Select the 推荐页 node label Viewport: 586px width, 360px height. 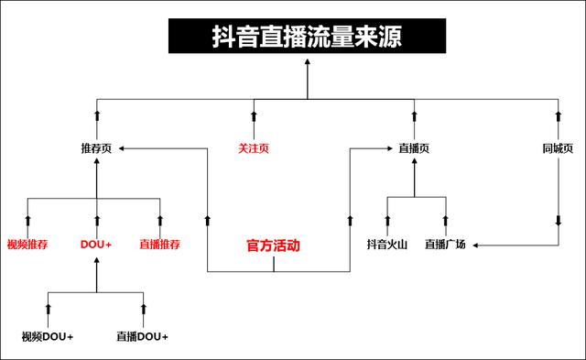(96, 147)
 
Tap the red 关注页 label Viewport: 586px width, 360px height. (254, 147)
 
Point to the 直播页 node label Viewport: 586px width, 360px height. (414, 147)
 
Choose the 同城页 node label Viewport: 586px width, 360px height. (558, 147)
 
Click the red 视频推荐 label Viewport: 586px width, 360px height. (27, 245)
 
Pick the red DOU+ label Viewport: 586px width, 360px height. (96, 245)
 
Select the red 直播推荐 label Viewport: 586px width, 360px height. (160, 245)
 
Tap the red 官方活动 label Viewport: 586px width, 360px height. (274, 245)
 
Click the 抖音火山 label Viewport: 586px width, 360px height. (386, 245)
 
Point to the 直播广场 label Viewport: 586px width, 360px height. (445, 245)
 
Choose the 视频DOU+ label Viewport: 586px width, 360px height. (48, 336)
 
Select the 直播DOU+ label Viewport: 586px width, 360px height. (142, 336)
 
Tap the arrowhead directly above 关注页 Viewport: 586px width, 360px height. (254, 115)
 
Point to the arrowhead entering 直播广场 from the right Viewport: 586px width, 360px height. (474, 245)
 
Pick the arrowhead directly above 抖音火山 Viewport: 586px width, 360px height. (386, 219)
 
